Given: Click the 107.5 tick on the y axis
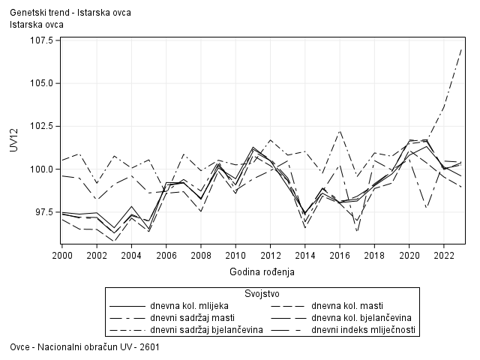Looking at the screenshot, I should pos(40,40).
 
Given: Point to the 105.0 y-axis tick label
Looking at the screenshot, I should pos(40,83).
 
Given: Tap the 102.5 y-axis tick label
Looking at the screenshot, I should pos(40,126).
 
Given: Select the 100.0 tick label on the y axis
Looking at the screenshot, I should pos(40,169).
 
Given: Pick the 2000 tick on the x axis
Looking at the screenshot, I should pos(61,255).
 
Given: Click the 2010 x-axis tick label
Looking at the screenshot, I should pos(235,255).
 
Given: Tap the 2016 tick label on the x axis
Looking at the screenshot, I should pos(340,255).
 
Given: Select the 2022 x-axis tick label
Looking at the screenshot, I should pos(444,255).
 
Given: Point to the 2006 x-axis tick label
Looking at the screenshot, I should pos(166,255).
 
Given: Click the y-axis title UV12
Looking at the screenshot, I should pos(14,139).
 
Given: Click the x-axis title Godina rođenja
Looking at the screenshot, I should pos(262,271).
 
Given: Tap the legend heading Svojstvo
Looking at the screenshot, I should pos(262,292).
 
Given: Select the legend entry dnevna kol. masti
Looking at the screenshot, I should pos(347,306).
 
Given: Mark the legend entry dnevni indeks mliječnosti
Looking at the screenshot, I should pos(364,330).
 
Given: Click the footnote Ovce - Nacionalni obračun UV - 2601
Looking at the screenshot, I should pos(85,347).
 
